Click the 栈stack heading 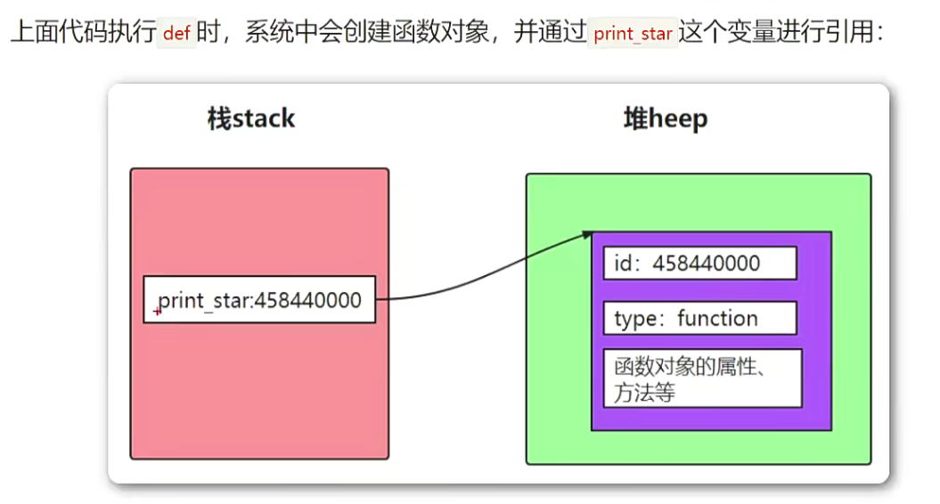tap(250, 119)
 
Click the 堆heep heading tap(665, 119)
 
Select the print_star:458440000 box tap(259, 300)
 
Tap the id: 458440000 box tap(699, 264)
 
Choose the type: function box tap(699, 319)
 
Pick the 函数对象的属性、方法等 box tap(702, 378)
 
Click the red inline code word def tap(178, 34)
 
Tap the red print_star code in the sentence tap(633, 35)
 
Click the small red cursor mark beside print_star tap(158, 311)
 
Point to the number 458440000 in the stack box tap(308, 300)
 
